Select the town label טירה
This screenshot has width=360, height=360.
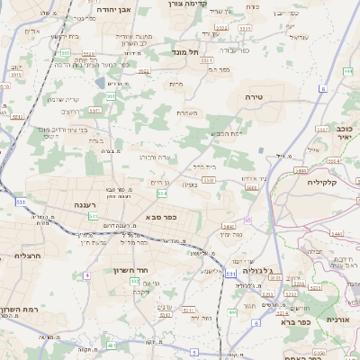252,95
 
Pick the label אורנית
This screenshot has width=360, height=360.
337,319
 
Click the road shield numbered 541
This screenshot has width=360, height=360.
94,217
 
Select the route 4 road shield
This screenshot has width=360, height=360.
87,274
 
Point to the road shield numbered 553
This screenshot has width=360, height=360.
110,95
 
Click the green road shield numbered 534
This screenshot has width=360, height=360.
162,193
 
